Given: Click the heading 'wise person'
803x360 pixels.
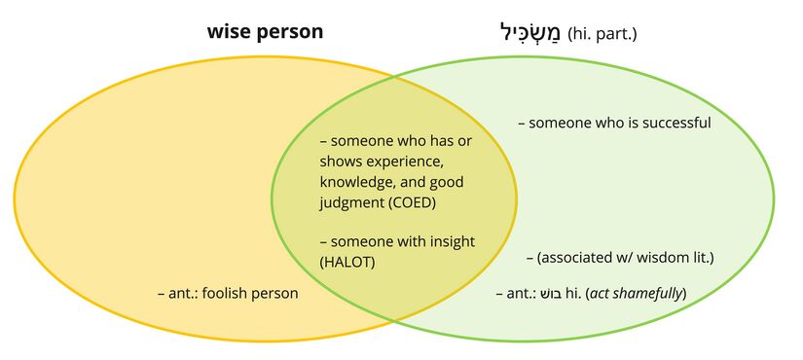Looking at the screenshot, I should pyautogui.click(x=265, y=32).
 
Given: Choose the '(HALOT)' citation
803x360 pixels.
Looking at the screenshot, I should pyautogui.click(x=348, y=262).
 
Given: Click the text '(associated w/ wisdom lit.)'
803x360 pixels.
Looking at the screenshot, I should pyautogui.click(x=626, y=258).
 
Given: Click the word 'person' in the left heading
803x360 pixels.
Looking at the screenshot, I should pyautogui.click(x=290, y=32).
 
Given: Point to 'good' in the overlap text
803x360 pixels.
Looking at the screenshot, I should pyautogui.click(x=446, y=182).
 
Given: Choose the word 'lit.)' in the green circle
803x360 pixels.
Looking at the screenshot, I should pyautogui.click(x=701, y=258).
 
